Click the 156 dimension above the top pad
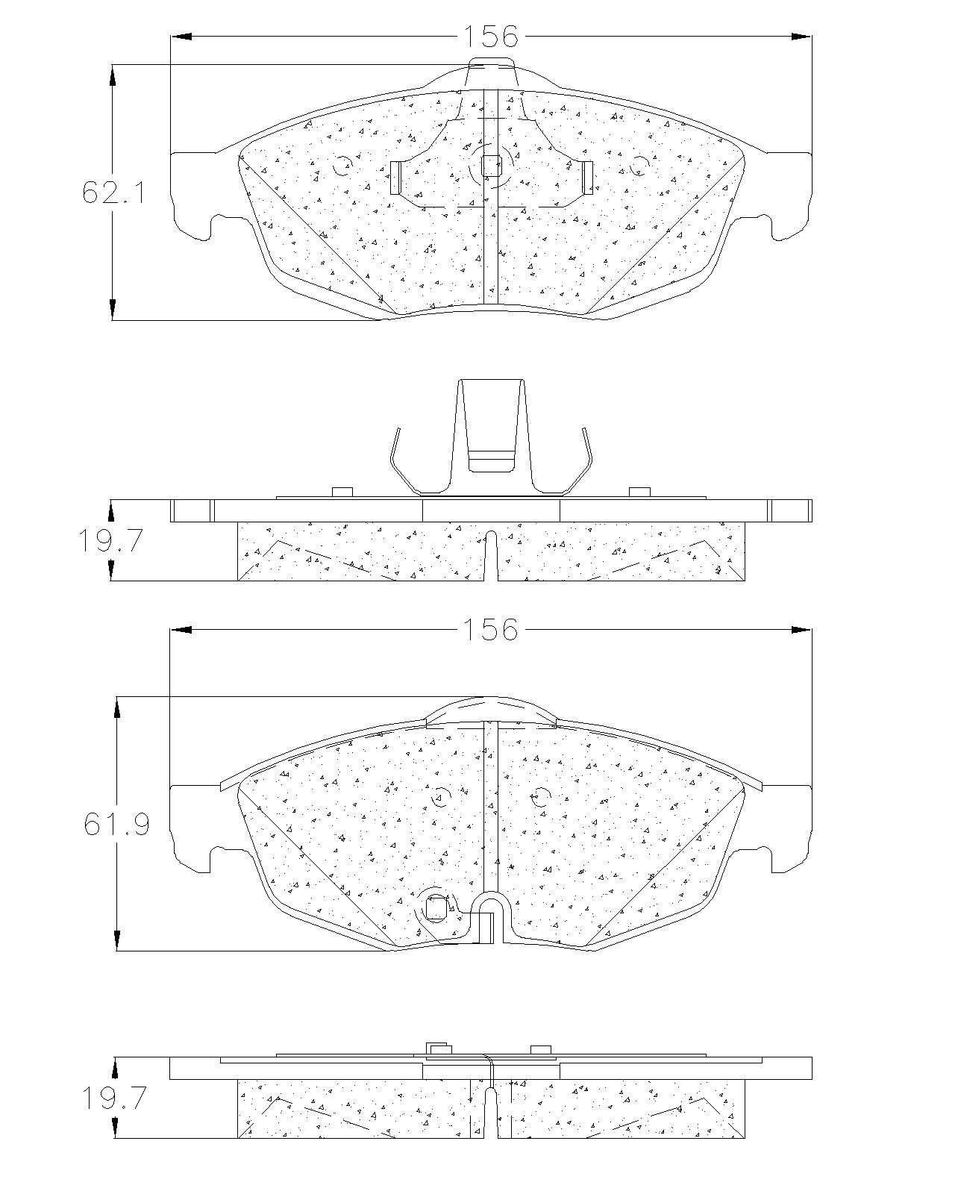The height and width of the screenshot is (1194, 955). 490,37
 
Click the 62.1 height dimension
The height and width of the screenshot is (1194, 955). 113,193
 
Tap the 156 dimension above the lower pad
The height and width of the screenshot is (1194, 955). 490,630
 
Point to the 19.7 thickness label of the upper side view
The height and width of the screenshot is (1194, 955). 111,540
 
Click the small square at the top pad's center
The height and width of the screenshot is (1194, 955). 490,166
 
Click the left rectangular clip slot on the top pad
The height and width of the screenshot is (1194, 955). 395,178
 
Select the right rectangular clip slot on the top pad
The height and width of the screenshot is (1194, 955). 587,178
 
